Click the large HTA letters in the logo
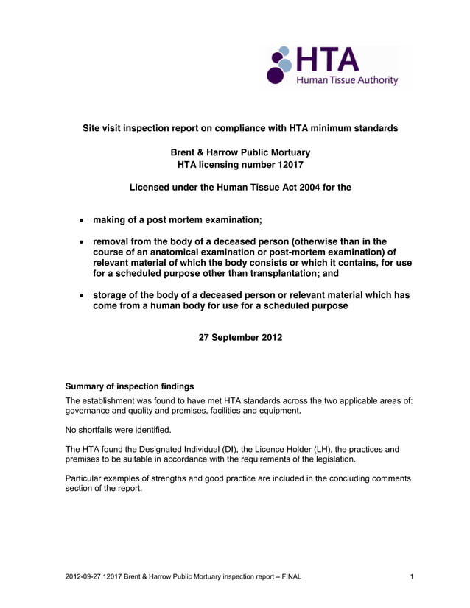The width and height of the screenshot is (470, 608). click(x=328, y=60)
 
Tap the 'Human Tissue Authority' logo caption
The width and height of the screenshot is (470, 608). click(x=347, y=80)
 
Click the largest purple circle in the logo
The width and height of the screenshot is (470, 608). click(x=275, y=74)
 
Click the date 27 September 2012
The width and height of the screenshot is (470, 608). click(x=239, y=338)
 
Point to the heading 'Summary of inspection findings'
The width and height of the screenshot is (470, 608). click(x=130, y=386)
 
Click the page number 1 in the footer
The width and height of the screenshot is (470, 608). click(x=412, y=576)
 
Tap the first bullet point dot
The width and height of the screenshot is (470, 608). click(x=80, y=221)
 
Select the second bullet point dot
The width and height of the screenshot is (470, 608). click(x=80, y=242)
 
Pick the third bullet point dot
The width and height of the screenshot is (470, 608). click(x=80, y=295)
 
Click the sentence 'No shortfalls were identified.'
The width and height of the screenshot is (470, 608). click(x=118, y=429)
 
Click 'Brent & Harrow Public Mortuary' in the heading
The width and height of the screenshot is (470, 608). click(x=239, y=153)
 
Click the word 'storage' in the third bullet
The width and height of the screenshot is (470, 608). click(x=110, y=295)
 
